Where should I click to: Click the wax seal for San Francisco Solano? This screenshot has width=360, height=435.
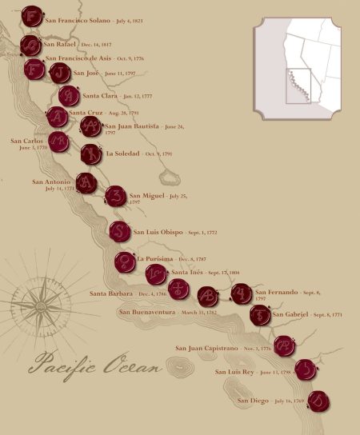(x=31, y=16)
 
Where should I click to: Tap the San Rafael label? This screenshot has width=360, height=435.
(x=61, y=45)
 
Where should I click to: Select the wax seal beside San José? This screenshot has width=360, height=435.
(x=59, y=74)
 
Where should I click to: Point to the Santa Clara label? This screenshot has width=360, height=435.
(x=100, y=95)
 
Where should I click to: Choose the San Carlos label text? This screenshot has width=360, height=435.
(x=28, y=142)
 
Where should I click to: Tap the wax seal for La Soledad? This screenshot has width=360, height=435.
(x=91, y=154)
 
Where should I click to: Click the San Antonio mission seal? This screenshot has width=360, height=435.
(x=86, y=183)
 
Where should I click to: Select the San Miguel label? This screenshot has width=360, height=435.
(x=146, y=196)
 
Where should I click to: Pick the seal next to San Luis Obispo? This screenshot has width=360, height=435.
(x=120, y=232)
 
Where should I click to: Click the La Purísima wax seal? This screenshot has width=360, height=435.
(x=124, y=261)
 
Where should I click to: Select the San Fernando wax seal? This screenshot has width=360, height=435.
(x=242, y=294)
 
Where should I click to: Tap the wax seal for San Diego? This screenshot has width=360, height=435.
(x=318, y=399)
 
